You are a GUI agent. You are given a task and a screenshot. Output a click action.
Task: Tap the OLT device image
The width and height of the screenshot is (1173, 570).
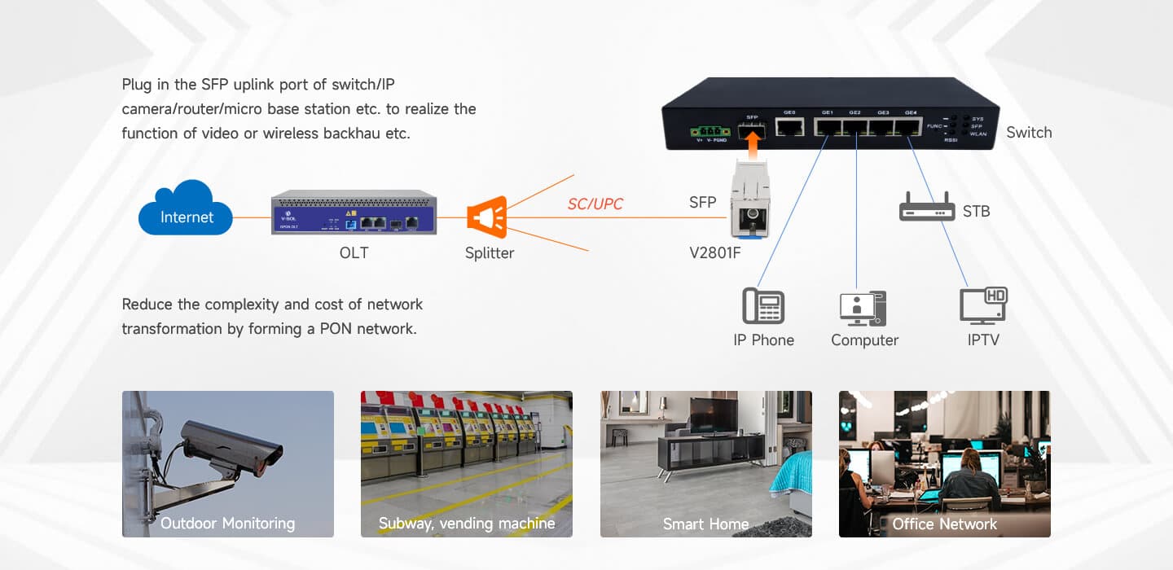tap(354, 213)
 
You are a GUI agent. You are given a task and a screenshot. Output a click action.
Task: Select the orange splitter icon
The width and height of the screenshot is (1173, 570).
tap(487, 217)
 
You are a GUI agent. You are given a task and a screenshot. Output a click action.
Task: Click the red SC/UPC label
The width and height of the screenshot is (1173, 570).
tap(595, 204)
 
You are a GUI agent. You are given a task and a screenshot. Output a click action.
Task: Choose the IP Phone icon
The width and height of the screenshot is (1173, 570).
tap(763, 306)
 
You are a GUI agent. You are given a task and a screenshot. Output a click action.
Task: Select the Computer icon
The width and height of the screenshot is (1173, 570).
tap(863, 308)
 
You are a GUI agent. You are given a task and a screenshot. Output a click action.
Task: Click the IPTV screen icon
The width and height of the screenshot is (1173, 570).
tap(983, 306)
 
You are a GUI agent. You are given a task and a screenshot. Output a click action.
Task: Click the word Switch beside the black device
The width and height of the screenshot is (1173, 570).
tap(1029, 133)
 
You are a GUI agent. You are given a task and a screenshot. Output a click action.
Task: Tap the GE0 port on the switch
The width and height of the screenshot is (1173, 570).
tap(789, 127)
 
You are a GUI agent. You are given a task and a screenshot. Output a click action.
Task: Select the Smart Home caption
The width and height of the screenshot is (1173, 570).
tap(705, 524)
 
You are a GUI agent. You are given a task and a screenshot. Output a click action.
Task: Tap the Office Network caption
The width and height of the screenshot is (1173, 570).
tap(944, 524)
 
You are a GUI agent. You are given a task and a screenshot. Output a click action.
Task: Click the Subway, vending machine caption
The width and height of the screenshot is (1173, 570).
tap(466, 524)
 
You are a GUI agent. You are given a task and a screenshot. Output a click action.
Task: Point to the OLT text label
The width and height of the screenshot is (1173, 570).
tap(354, 252)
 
